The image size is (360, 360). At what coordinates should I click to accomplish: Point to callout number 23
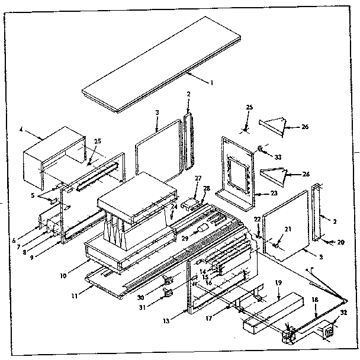point(274,192)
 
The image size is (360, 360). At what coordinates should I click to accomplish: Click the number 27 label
point(198,178)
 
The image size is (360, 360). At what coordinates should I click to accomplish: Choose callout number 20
point(342,243)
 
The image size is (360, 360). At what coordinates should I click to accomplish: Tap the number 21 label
point(289,230)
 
